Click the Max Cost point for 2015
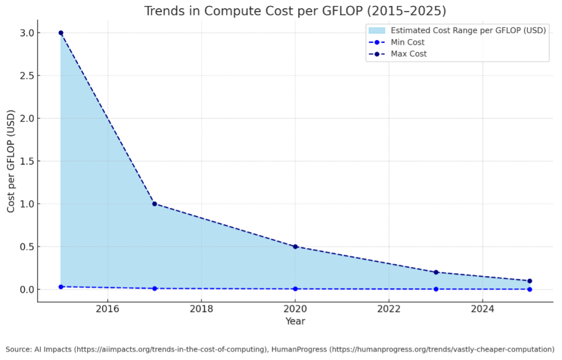click(61, 33)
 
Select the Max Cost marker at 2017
click(154, 204)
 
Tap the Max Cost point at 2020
click(295, 246)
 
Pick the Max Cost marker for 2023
click(436, 272)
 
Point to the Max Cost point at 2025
click(530, 281)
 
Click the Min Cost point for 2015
click(61, 286)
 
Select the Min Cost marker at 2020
click(295, 289)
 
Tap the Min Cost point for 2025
click(530, 289)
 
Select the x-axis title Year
click(295, 321)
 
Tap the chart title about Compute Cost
click(295, 11)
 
